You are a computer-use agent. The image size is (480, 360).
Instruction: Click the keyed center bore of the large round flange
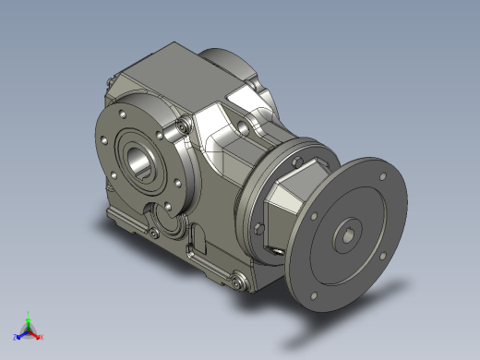[348, 235]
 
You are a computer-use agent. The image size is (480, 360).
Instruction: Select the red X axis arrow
[40, 336]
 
